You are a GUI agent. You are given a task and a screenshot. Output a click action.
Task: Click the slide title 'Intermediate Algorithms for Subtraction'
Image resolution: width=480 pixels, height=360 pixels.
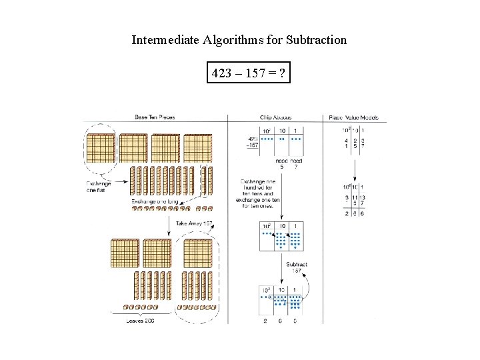click(x=239, y=40)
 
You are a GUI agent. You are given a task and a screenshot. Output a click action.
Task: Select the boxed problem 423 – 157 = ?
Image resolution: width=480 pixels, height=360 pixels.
click(x=249, y=73)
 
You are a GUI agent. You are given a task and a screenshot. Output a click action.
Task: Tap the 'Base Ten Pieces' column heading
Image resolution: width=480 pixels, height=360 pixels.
click(x=155, y=117)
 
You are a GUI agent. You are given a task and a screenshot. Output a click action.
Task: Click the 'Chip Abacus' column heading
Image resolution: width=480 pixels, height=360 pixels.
click(x=277, y=117)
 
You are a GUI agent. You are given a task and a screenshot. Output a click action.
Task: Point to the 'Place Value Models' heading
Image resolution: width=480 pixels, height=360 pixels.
click(x=353, y=117)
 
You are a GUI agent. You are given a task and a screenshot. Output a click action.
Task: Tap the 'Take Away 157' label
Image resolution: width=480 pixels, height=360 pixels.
click(x=195, y=223)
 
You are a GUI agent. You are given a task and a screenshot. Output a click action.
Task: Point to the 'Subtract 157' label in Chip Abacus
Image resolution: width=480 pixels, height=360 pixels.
click(x=297, y=268)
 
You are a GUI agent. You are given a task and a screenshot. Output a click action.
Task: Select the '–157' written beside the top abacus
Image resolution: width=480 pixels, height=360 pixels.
click(x=252, y=145)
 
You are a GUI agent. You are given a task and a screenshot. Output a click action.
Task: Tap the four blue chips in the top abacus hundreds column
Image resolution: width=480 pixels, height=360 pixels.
click(x=265, y=140)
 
